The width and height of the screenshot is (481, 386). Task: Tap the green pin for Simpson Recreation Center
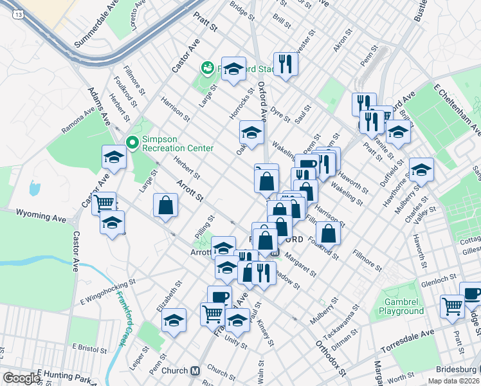(132, 142)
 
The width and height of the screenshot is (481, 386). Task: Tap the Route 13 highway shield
(17, 14)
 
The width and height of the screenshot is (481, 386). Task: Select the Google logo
(21, 378)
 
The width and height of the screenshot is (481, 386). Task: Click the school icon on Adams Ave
(114, 157)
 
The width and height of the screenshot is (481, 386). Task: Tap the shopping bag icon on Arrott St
(165, 205)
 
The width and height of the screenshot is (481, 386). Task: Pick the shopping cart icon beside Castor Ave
(104, 203)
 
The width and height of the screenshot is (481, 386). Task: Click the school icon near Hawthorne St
(421, 170)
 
